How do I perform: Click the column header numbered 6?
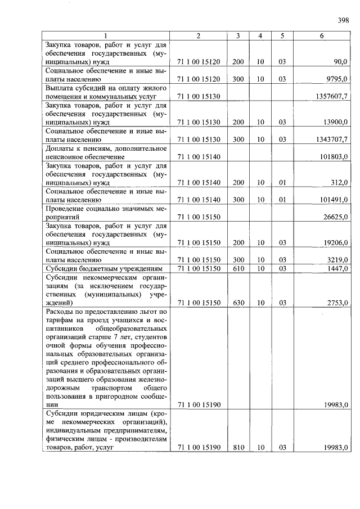click(321, 35)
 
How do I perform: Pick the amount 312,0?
click(340, 182)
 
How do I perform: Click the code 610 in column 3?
click(238, 269)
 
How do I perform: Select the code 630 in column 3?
click(238, 303)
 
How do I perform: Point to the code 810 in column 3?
click(238, 447)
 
